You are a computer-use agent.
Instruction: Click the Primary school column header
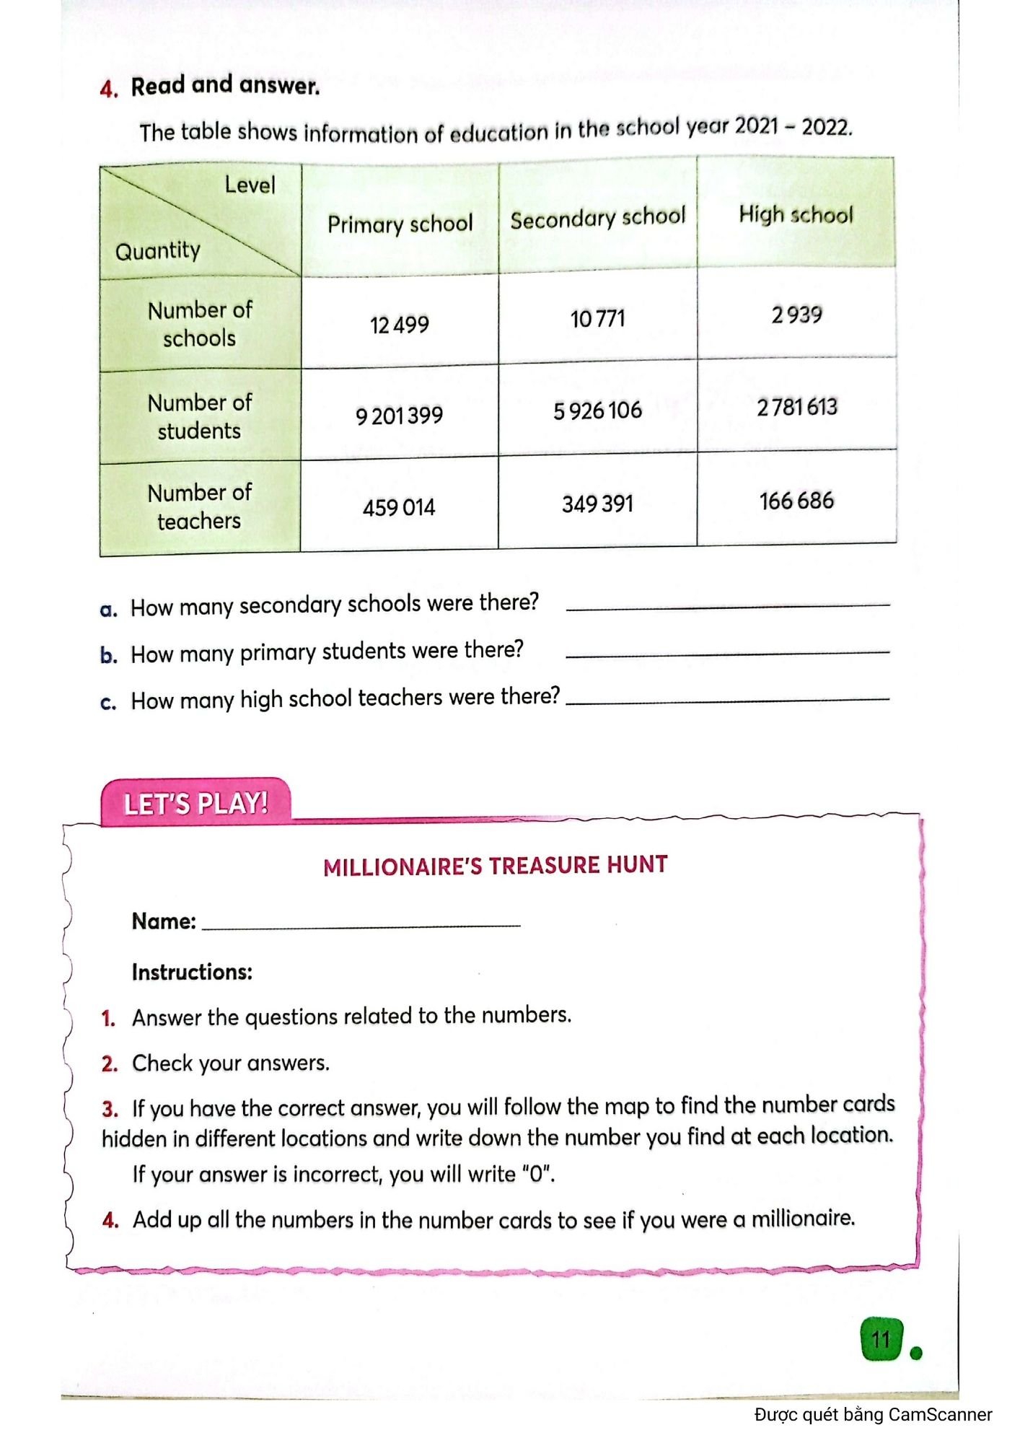pos(400,224)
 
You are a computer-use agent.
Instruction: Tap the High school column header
pos(796,214)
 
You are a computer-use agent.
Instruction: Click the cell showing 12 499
pos(399,325)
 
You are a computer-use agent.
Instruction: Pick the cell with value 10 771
pos(597,318)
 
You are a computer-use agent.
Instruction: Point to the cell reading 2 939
pos(796,315)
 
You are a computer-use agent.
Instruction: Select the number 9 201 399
pos(399,416)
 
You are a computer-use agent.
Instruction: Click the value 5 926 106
pos(597,411)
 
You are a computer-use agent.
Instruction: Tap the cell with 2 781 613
pos(797,407)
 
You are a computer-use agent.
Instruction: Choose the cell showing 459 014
pos(399,507)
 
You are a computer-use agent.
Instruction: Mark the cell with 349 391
pos(597,503)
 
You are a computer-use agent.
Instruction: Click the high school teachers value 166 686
pos(796,500)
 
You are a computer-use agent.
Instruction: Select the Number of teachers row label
pos(199,506)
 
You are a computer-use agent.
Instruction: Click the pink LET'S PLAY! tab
pos(195,803)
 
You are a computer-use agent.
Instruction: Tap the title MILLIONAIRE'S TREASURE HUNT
pos(495,865)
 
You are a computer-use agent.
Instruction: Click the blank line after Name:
pos(361,922)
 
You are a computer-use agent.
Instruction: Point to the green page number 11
pos(881,1340)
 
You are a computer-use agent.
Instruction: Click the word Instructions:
pos(192,972)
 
